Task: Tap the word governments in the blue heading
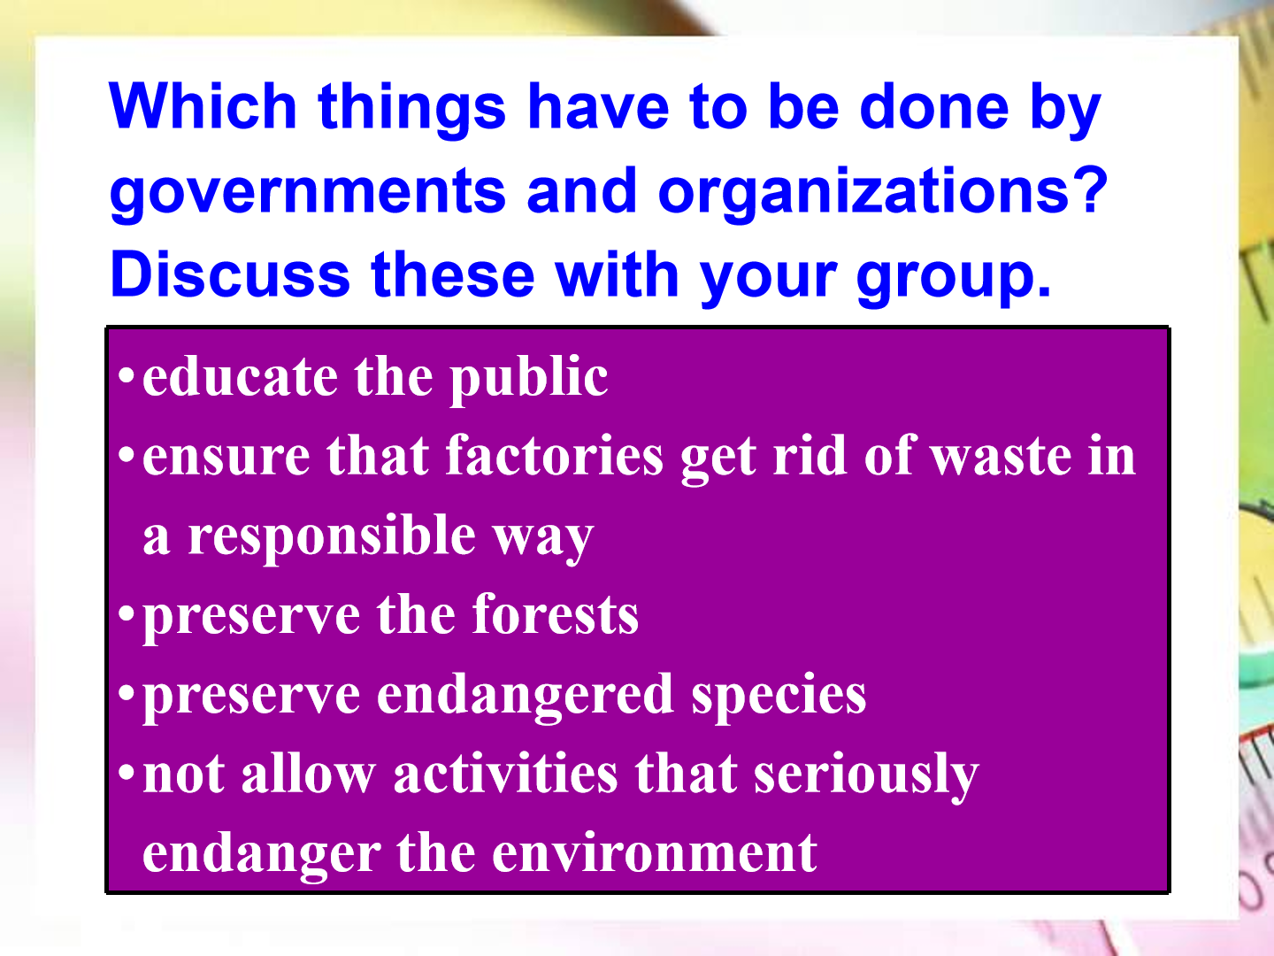point(308,191)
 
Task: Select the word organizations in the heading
point(863,191)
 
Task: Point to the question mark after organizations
point(1090,189)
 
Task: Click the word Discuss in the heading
point(230,274)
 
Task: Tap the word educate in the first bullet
point(240,376)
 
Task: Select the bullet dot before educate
point(126,375)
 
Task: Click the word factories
point(555,455)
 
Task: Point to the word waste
point(1002,456)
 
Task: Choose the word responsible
point(332,537)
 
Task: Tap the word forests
point(556,614)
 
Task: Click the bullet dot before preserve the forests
point(126,613)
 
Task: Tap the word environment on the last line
point(654,852)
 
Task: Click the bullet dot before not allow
point(126,773)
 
